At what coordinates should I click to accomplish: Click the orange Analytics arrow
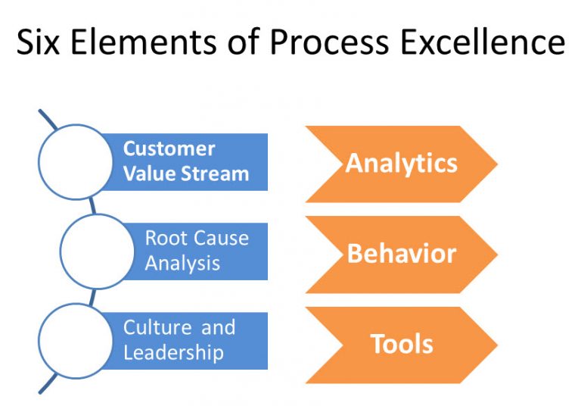401,164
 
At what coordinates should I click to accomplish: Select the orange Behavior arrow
401,254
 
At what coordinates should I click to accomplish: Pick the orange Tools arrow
401,344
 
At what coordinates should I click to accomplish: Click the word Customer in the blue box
169,148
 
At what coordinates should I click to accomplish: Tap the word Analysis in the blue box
182,264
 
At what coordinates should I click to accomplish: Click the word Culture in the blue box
157,328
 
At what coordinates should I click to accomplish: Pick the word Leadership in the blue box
173,353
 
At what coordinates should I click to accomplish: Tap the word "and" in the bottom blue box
219,328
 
